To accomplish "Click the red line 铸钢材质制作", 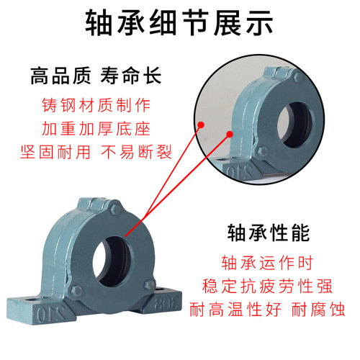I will pos(94,104).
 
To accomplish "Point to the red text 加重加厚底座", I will pos(94,129).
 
